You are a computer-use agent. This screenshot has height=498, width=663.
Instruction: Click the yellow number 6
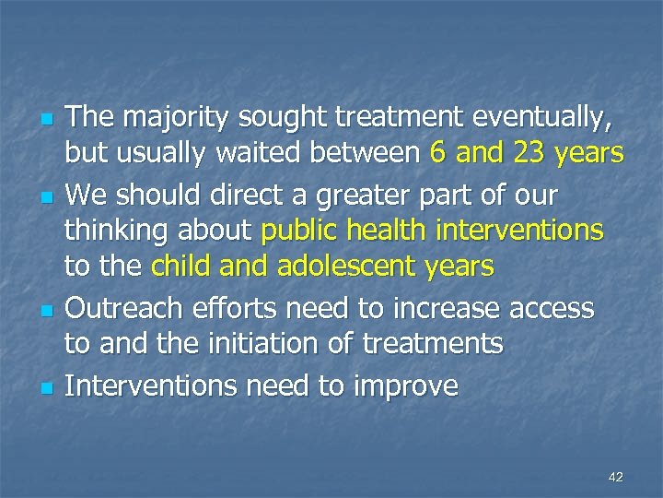coord(438,152)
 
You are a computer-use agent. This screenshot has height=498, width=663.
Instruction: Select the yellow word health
coord(397,230)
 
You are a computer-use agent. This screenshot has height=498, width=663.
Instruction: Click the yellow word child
coord(183,267)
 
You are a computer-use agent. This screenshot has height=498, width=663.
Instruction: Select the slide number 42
coord(616,477)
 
